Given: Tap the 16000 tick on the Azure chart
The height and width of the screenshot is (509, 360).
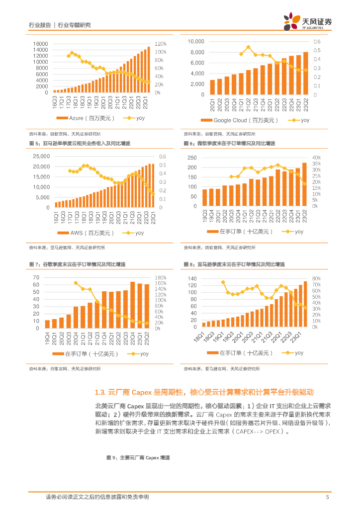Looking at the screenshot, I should click(41, 44).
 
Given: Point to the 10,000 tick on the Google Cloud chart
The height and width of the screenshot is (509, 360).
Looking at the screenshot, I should click(196, 41).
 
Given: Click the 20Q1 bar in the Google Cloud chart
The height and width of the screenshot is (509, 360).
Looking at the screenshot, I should click(212, 87).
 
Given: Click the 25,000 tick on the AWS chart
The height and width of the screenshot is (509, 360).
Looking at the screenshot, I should click(39, 156).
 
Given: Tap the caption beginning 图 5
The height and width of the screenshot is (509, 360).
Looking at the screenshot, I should click(80, 143).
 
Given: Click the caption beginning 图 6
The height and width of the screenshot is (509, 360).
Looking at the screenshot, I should click(229, 143).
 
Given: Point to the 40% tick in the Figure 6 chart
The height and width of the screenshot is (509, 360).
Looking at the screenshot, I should click(316, 158).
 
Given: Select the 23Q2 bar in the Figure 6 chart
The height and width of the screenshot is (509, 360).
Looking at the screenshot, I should click(304, 184).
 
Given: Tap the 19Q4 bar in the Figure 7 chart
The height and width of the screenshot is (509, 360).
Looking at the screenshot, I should click(47, 324).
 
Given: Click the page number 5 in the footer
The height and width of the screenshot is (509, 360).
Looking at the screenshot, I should click(327, 497).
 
